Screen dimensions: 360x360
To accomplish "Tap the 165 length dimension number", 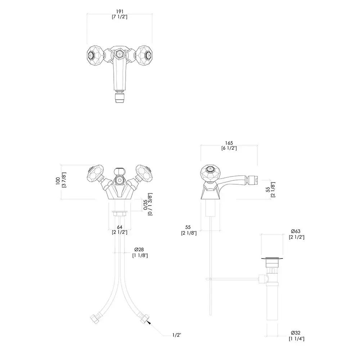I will point(229,143).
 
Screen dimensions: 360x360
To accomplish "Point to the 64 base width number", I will point(120,227).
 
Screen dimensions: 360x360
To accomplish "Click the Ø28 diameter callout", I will point(139,250).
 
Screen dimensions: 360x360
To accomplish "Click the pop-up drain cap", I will point(270,258).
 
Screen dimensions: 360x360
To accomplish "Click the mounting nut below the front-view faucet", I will point(120,213).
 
